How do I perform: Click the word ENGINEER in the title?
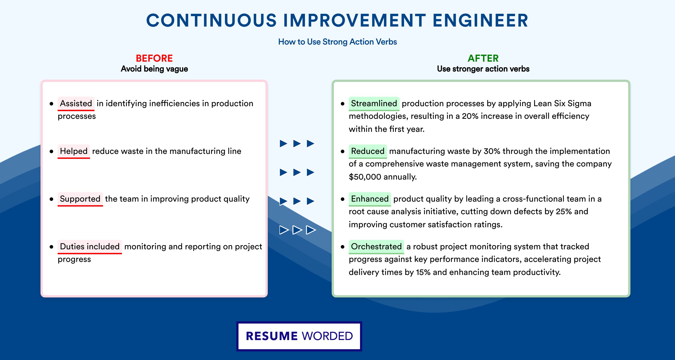point(480,20)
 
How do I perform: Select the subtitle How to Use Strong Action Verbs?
point(337,42)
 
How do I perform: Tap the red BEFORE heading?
point(154,58)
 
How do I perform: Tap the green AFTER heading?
point(483,58)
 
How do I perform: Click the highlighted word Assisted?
point(76,103)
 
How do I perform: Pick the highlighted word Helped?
point(74,151)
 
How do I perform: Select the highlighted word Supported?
point(80,199)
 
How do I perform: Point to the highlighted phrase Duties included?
point(90,247)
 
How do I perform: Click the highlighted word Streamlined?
point(374,103)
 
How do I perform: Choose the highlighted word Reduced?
point(368,151)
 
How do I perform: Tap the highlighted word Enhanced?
point(370,199)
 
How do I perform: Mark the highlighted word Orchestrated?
point(376,247)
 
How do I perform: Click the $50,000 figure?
point(365,177)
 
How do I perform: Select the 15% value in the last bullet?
point(423,272)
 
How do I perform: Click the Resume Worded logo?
point(299,336)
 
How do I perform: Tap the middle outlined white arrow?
point(297,230)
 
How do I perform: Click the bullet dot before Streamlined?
point(342,104)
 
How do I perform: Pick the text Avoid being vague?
point(154,69)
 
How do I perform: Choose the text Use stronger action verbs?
point(483,69)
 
